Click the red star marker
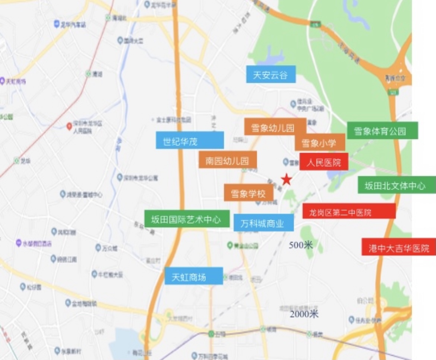click(286, 179)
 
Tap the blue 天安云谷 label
click(271, 75)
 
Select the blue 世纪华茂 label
click(190, 140)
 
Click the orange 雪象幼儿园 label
click(275, 128)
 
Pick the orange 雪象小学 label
click(319, 143)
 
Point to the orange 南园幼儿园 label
click(227, 160)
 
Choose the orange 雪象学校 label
click(248, 193)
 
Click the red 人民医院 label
click(323, 162)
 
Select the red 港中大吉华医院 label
click(398, 248)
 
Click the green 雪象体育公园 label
click(382, 131)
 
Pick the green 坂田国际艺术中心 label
click(186, 219)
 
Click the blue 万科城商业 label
click(263, 223)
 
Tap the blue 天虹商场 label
click(193, 277)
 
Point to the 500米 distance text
click(301, 245)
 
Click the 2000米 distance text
click(304, 314)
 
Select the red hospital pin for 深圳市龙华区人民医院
click(69, 126)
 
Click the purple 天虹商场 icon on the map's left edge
click(2, 81)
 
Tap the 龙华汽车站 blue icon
click(57, 24)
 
